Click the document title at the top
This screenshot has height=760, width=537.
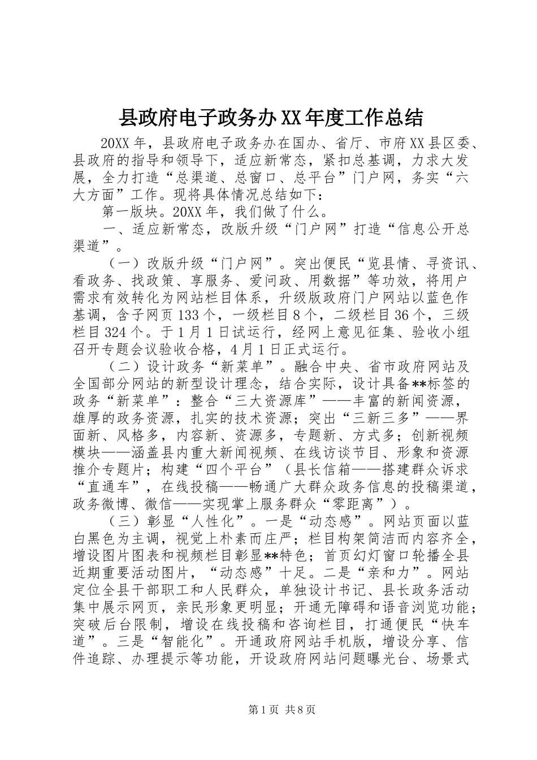pos(270,118)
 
